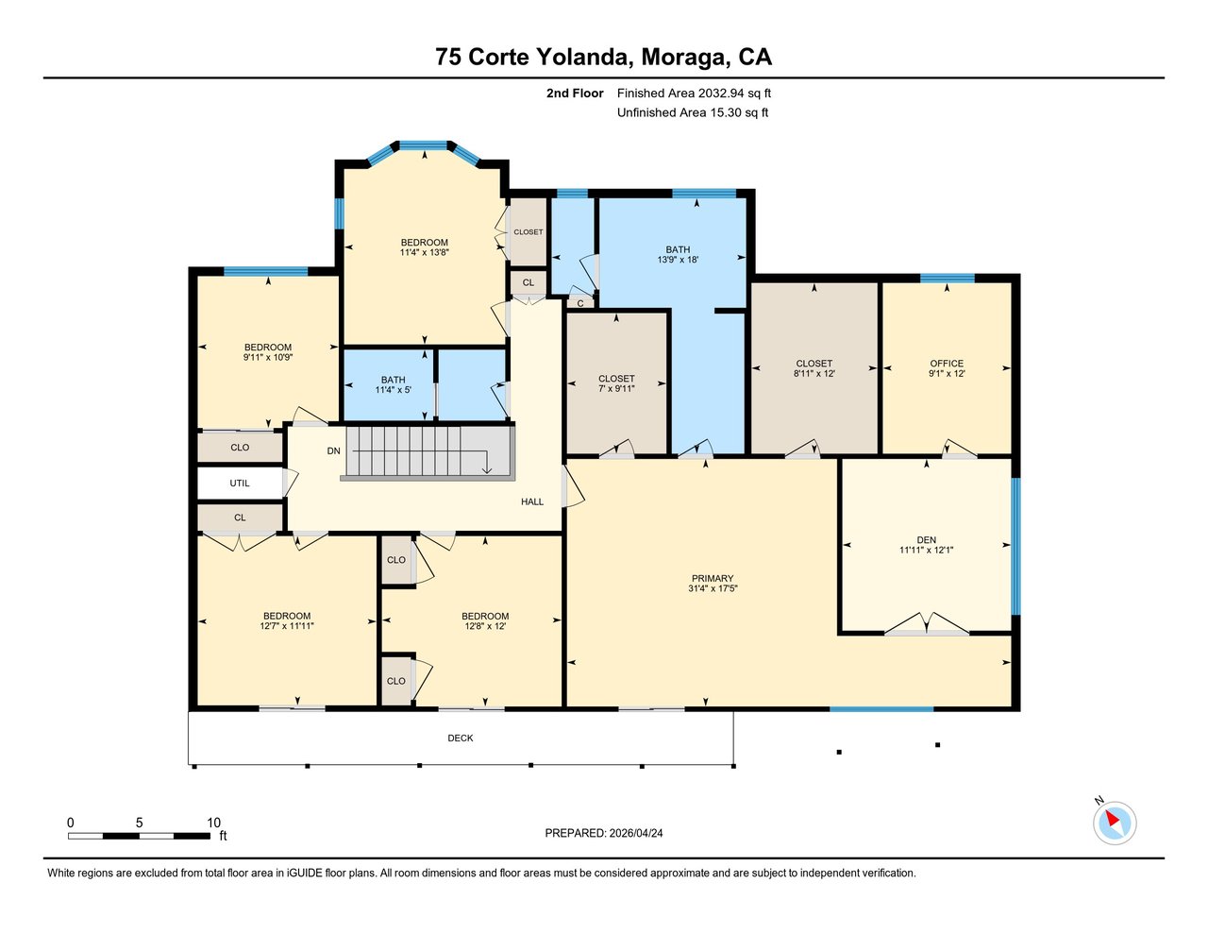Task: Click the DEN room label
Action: click(x=926, y=539)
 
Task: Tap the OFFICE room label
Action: click(x=947, y=364)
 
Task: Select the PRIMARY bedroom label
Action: click(x=713, y=578)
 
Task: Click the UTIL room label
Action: click(x=240, y=483)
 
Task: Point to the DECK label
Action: click(x=461, y=738)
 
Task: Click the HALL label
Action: click(x=532, y=501)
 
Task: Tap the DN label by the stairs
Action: click(x=333, y=450)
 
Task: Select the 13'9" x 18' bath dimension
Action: click(x=678, y=259)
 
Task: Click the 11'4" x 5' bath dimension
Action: click(x=393, y=390)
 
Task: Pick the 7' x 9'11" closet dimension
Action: click(x=616, y=388)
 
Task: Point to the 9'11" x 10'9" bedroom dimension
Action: click(x=268, y=357)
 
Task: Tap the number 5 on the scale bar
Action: click(x=139, y=823)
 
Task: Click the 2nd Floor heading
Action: click(x=575, y=93)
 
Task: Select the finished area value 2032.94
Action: click(x=722, y=93)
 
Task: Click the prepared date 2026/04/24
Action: click(x=636, y=833)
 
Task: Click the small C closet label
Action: click(x=580, y=303)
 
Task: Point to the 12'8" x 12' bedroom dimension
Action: click(x=485, y=626)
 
